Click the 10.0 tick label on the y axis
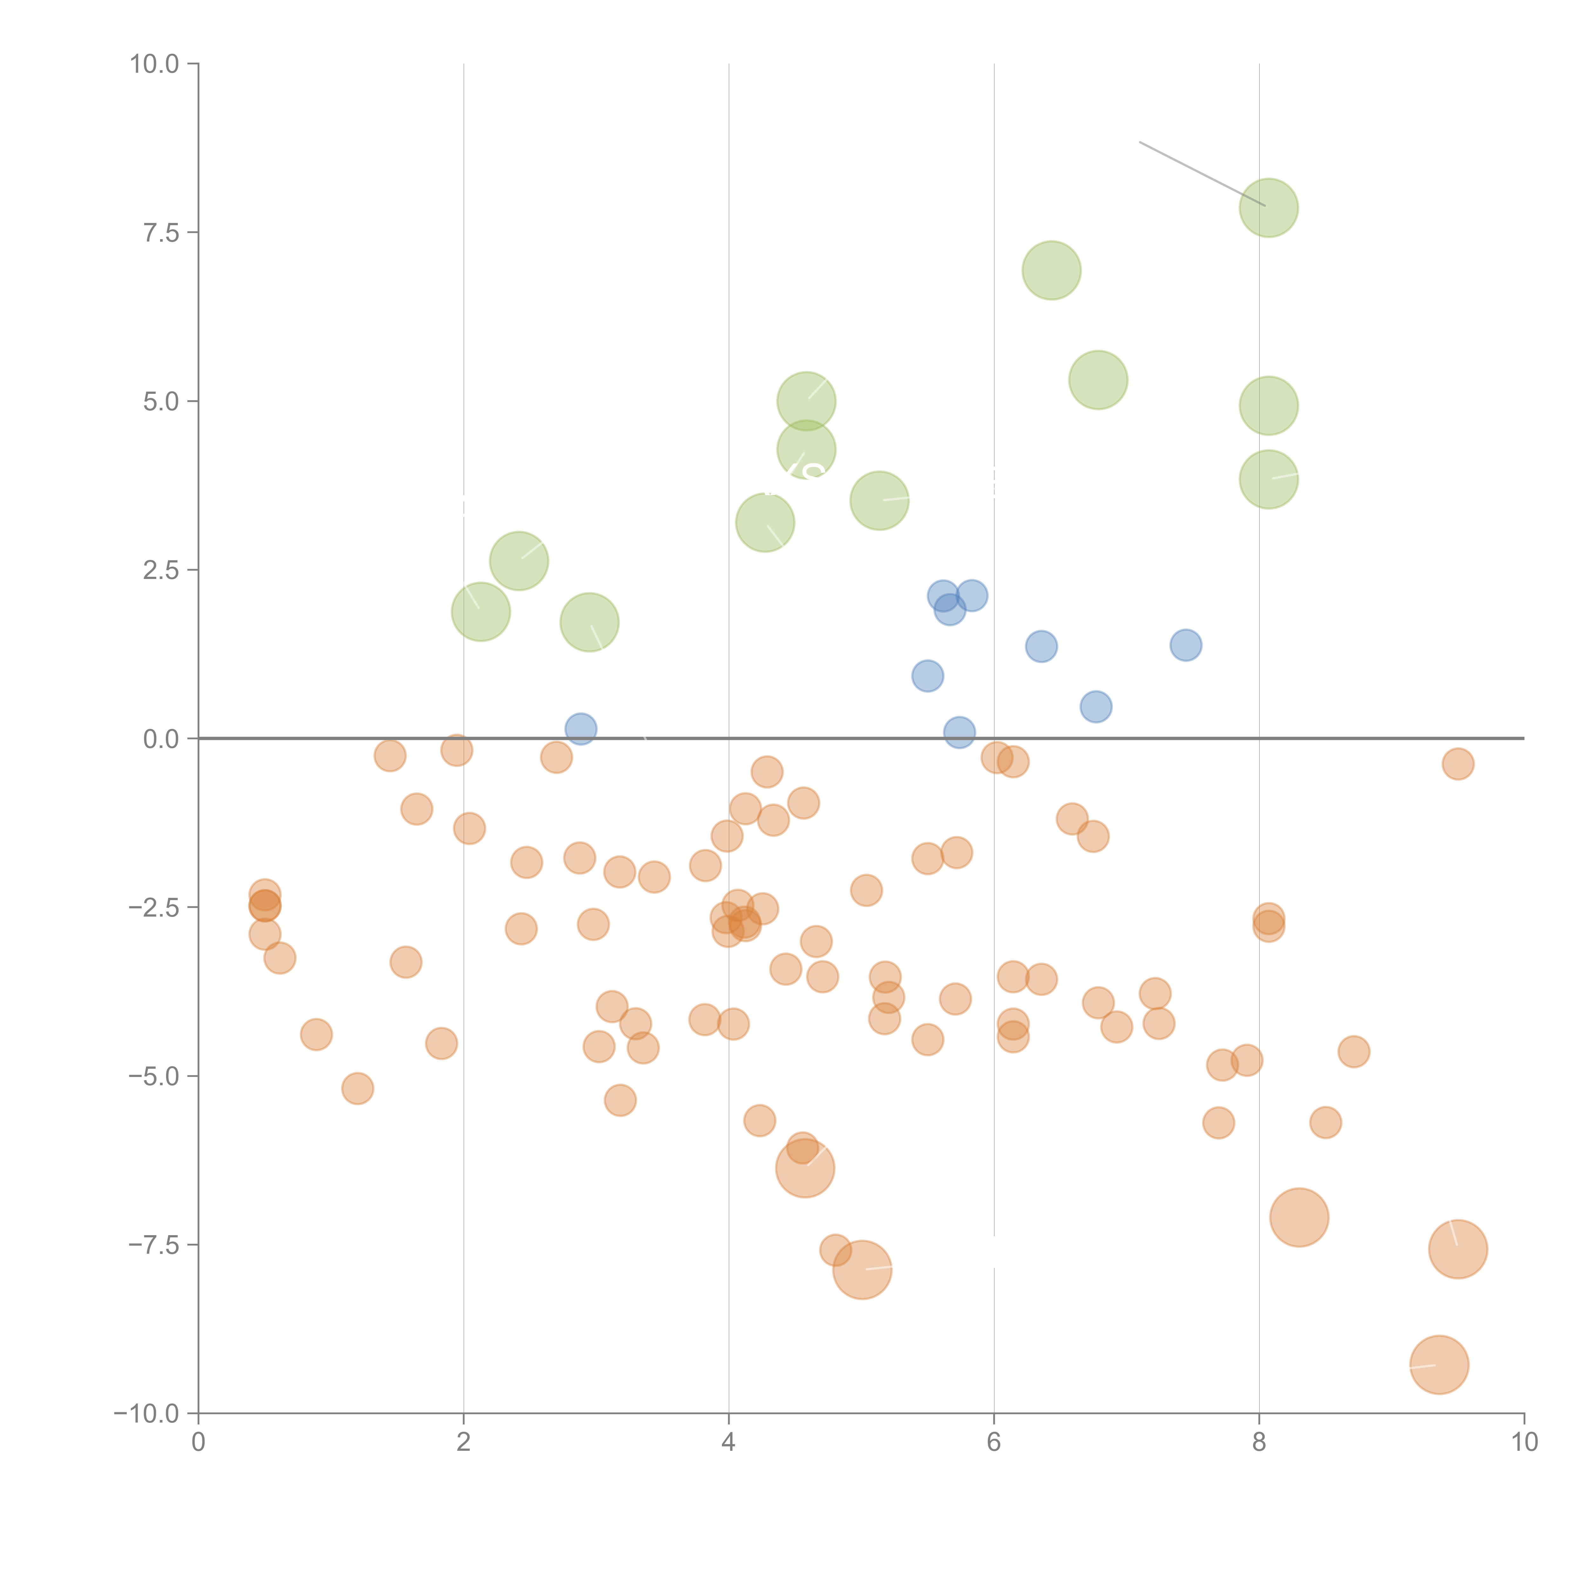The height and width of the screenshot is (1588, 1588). (155, 64)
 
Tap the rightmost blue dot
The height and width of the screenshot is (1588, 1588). (1185, 645)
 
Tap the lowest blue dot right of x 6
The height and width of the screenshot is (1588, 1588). (1096, 707)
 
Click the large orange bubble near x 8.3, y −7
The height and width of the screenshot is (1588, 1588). (1299, 1217)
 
